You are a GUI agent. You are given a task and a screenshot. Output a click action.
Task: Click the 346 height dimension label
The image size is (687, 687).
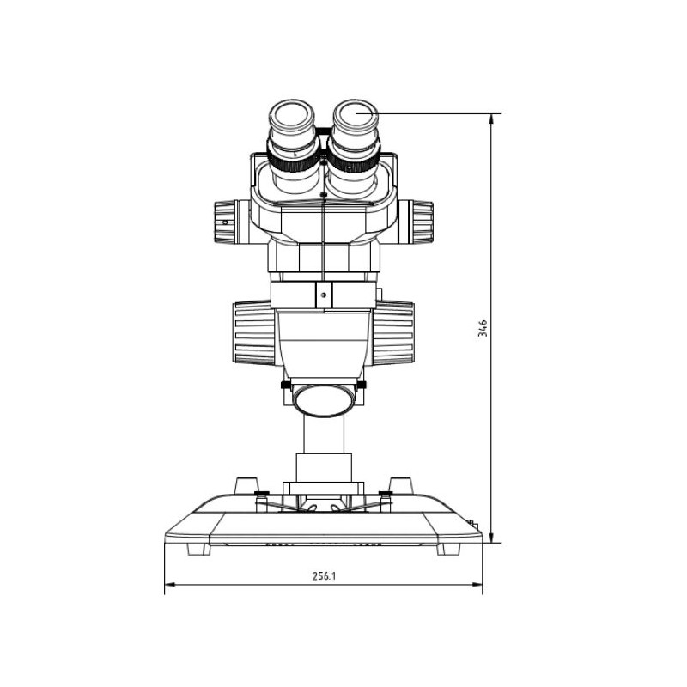(483, 328)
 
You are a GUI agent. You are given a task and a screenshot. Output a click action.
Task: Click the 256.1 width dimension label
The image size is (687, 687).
(324, 575)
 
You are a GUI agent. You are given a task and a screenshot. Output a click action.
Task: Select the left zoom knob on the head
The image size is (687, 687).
(226, 222)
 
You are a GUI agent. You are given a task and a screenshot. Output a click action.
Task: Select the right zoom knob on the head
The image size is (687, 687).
(421, 222)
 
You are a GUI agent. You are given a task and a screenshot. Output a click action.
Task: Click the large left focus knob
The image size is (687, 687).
(254, 333)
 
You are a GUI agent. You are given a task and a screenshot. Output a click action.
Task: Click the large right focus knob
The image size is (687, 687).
(393, 333)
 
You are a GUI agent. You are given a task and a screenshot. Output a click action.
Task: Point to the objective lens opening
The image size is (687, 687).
(324, 400)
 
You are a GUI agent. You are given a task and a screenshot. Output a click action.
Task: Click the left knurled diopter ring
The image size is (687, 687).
(293, 157)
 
